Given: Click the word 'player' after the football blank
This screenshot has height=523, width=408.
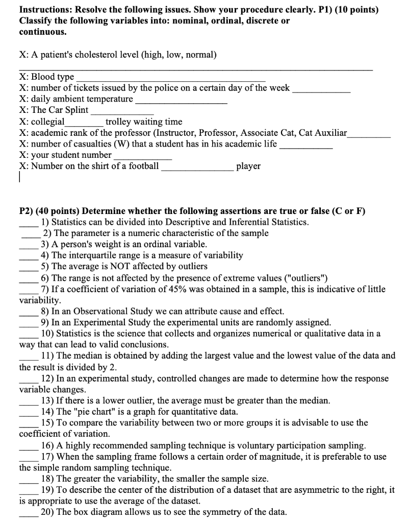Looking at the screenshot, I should (x=248, y=167).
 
